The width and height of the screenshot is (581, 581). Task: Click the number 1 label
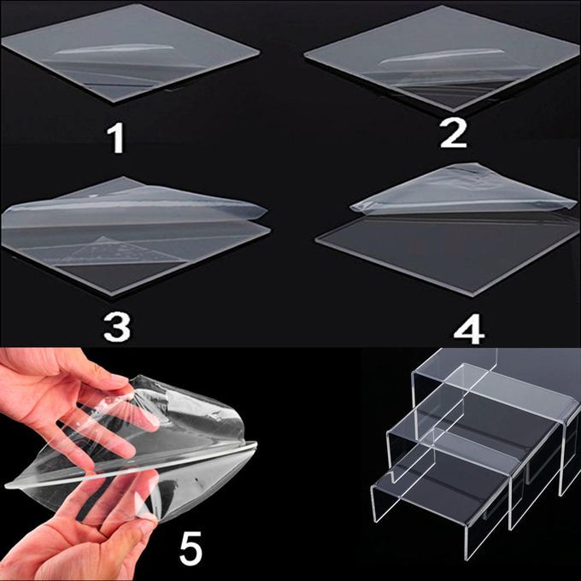[x=117, y=138]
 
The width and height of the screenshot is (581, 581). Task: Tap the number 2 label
[x=453, y=134]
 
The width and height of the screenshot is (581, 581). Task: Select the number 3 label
[x=117, y=326]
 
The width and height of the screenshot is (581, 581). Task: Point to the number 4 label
[x=469, y=330]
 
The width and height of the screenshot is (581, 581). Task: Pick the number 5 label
[x=191, y=548]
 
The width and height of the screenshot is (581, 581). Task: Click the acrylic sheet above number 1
[x=130, y=52]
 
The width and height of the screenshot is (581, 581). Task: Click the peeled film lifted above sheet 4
[x=463, y=191]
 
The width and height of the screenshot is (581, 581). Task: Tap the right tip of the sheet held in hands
[x=255, y=443]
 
